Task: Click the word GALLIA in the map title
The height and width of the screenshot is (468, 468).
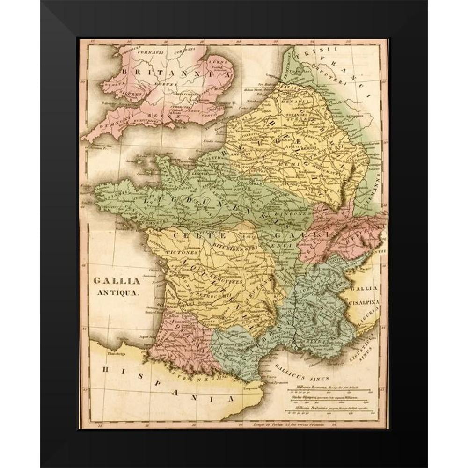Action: tap(110, 281)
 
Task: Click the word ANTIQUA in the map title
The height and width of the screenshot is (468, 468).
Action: tap(117, 293)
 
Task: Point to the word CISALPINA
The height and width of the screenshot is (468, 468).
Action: tap(364, 303)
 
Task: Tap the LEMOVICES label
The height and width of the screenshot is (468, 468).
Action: tap(227, 282)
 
